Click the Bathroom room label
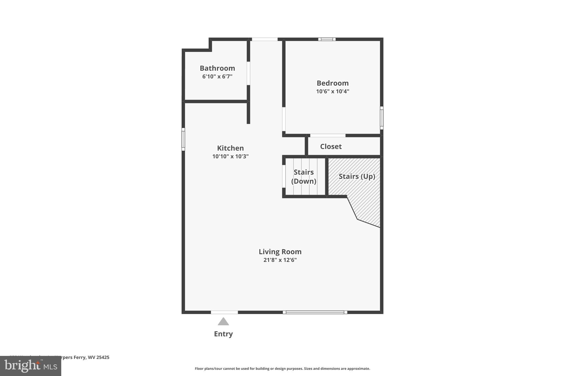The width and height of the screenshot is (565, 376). (217, 68)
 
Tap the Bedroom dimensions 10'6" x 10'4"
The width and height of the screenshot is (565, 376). (332, 91)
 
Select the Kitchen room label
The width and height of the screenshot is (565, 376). (230, 148)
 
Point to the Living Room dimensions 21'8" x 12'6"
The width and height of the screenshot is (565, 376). (280, 260)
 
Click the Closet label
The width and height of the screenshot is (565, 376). (331, 147)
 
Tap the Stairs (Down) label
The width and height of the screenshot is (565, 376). (303, 177)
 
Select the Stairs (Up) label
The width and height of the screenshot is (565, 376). (357, 177)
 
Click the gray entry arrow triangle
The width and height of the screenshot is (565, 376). (223, 321)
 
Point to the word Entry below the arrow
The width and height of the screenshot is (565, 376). (223, 334)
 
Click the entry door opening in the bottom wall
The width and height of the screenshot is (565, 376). (224, 312)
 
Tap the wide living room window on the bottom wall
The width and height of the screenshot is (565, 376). (315, 312)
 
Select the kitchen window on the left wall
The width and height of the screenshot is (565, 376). (183, 139)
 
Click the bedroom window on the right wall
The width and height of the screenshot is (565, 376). (382, 118)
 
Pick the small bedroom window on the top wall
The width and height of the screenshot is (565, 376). (327, 39)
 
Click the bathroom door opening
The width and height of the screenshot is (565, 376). (248, 73)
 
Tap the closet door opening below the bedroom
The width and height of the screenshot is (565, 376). (328, 135)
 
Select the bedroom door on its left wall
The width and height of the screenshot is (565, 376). (284, 119)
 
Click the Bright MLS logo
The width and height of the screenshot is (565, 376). (30, 366)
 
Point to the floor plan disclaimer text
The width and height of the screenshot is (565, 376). (282, 369)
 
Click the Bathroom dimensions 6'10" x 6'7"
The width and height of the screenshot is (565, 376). (217, 77)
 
